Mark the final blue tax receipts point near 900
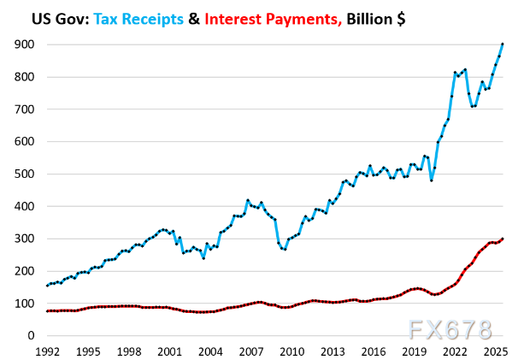[x=503, y=44]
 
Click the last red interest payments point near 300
[x=503, y=239]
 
